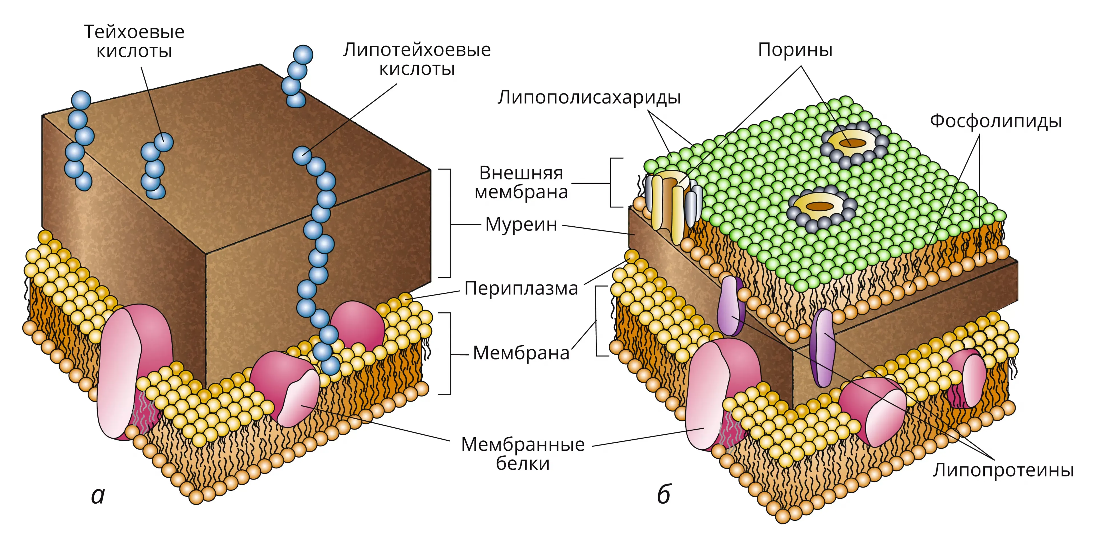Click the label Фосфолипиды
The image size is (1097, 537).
[996, 121]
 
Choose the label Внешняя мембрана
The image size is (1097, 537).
[521, 182]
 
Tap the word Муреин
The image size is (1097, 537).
[521, 224]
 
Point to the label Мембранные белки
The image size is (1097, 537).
[523, 454]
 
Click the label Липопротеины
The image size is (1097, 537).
[1003, 470]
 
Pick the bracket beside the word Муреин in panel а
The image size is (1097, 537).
[445, 223]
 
